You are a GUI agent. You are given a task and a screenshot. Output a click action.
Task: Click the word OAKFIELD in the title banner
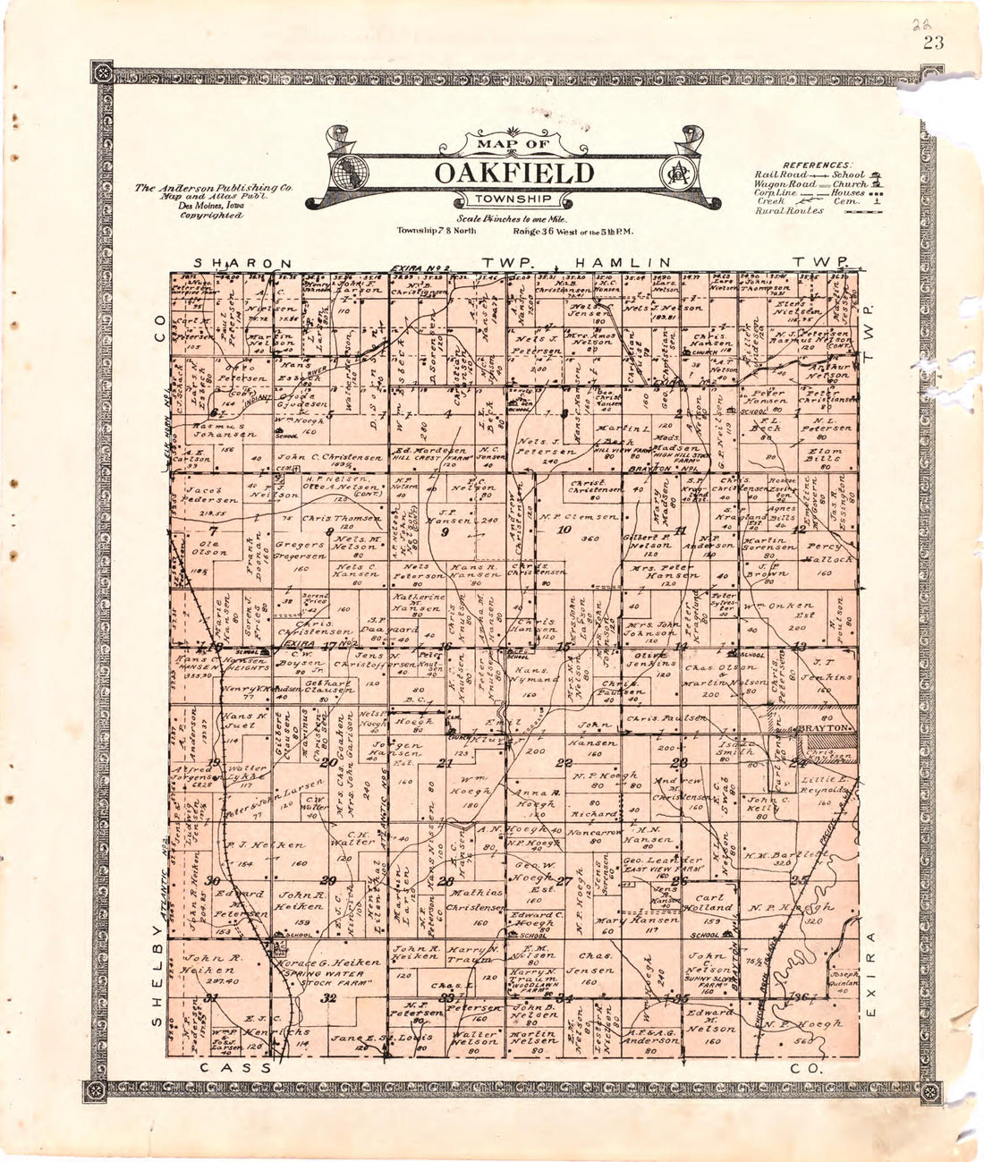coord(513,172)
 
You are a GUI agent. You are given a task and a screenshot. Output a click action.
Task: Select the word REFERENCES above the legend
coord(814,165)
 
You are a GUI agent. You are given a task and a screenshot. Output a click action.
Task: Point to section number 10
coord(564,530)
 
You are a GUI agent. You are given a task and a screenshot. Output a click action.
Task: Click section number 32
coord(328,997)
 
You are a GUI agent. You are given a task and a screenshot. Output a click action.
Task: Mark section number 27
coord(564,881)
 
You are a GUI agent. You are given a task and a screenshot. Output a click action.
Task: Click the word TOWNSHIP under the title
coord(513,199)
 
